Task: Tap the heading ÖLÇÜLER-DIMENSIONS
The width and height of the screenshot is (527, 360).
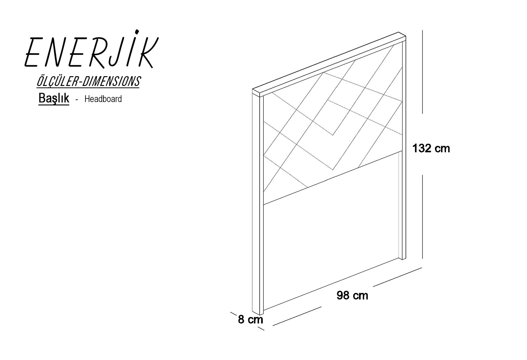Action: [88, 82]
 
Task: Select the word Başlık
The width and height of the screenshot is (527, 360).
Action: [54, 98]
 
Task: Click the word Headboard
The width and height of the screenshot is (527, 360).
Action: [103, 99]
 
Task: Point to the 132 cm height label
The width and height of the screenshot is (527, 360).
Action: [431, 148]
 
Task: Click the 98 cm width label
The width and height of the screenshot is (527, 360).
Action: [352, 295]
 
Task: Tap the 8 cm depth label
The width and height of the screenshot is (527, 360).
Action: [250, 320]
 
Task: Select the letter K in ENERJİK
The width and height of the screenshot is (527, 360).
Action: [145, 52]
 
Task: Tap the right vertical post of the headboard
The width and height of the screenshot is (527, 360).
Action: [402, 149]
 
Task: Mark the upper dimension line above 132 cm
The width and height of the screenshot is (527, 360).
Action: [422, 72]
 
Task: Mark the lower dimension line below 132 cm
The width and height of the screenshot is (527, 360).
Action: [422, 217]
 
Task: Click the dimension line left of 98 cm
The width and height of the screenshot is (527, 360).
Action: [297, 316]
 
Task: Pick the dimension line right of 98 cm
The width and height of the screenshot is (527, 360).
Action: [397, 277]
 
